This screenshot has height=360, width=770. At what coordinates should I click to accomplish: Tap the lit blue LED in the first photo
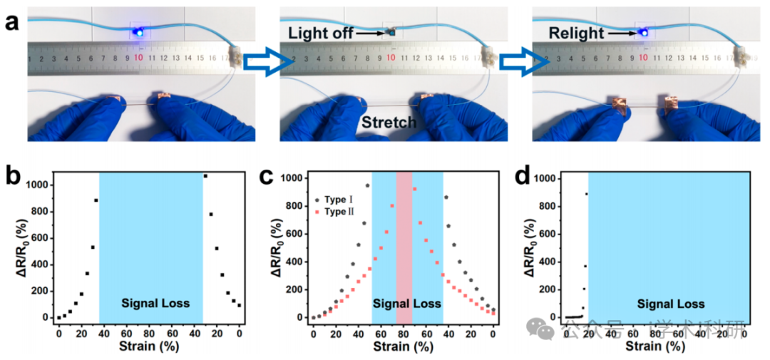pos(138,31)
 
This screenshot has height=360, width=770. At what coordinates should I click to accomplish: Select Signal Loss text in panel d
pos(667,303)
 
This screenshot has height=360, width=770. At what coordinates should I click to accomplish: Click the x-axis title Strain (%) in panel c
pos(403,347)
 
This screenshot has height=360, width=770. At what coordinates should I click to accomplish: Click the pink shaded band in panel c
pos(404,242)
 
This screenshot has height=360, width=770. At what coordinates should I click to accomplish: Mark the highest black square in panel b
pos(205,175)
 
